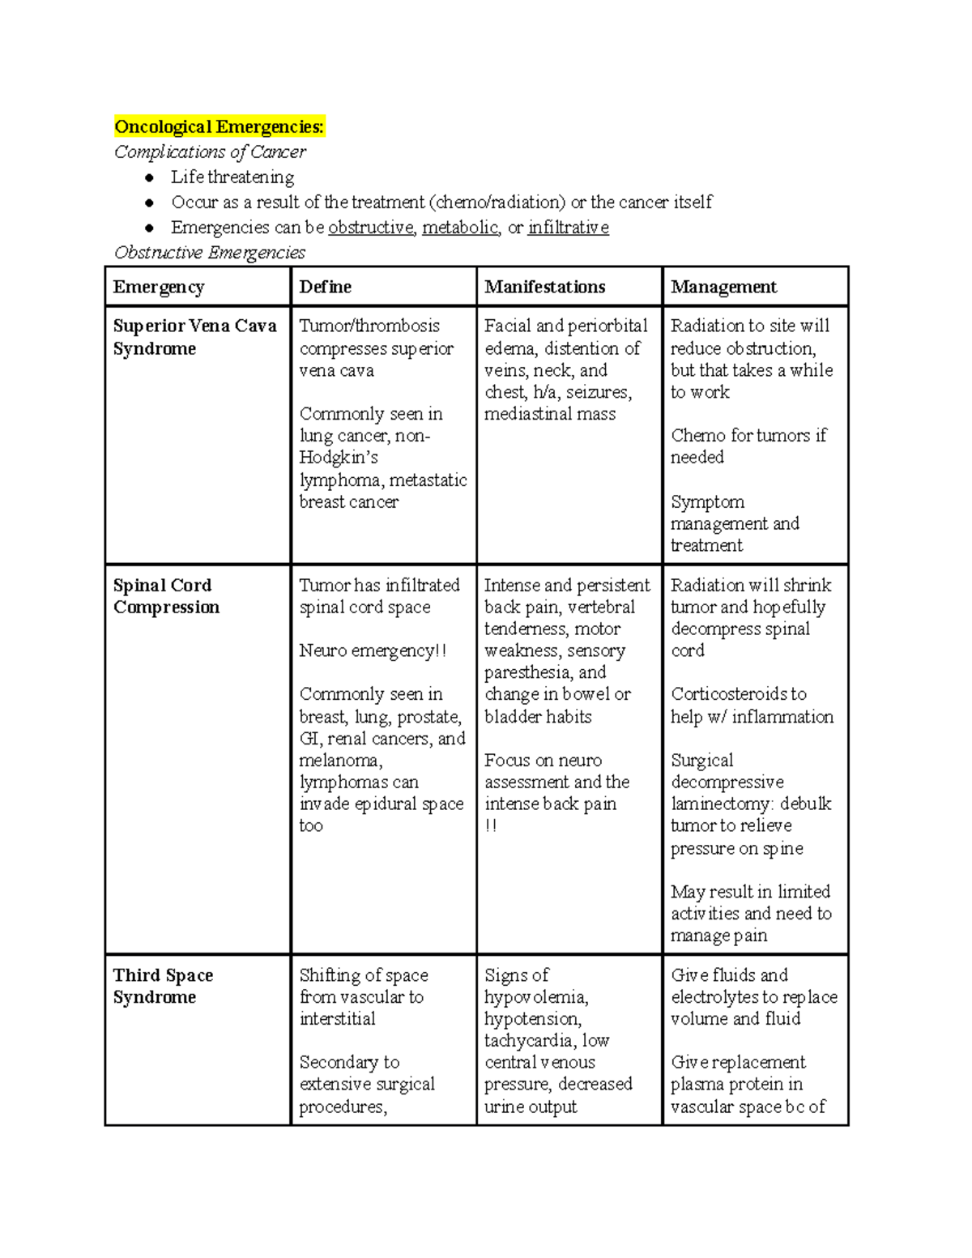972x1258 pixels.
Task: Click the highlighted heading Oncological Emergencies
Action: point(219,127)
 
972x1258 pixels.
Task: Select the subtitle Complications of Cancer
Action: point(210,152)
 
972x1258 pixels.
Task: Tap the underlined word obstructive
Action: point(370,228)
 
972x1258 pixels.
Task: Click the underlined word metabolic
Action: point(459,228)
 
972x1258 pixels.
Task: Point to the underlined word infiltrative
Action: point(568,228)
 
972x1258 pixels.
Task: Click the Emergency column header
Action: point(159,288)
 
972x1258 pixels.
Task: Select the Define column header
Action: point(325,288)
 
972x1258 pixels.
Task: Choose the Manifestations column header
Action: point(544,288)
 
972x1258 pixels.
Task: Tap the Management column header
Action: point(723,288)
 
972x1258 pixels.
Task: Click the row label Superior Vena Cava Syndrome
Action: point(194,338)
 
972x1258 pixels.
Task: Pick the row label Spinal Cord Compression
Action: point(166,596)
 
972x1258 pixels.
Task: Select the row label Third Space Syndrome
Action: point(163,986)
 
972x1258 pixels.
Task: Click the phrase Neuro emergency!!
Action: point(373,651)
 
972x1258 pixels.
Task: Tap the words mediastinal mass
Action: point(549,414)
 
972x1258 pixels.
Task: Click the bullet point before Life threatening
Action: point(149,178)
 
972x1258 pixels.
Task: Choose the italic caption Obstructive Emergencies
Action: point(210,253)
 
